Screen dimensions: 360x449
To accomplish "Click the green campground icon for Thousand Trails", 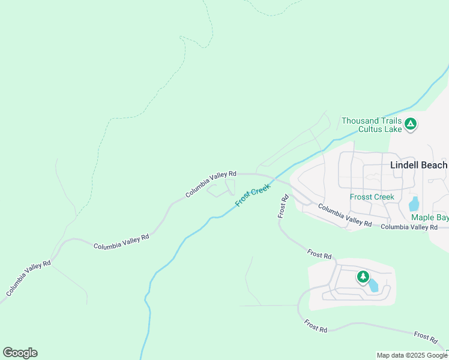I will coord(411,124).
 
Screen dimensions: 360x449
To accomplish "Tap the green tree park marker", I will coord(363,277).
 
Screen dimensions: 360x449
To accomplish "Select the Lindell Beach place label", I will coord(418,165).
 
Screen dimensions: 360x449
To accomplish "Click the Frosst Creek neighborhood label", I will coord(372,197).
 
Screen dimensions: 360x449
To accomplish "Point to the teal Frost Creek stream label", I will coord(253,196).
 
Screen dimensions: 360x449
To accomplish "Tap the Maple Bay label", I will coord(429,217).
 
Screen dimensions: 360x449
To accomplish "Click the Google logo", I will coord(20,353).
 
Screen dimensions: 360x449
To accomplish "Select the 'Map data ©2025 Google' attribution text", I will coord(412,355).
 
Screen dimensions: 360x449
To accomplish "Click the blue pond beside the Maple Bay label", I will coord(414,203).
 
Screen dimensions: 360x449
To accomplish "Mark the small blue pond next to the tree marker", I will coord(373,285).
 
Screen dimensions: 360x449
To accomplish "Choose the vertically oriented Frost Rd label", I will coord(283,206).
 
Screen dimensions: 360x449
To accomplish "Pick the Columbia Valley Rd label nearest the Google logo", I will coord(29,278).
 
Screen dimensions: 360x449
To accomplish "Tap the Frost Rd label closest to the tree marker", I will coord(319,255).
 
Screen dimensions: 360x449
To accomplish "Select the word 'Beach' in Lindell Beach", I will coord(435,165).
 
